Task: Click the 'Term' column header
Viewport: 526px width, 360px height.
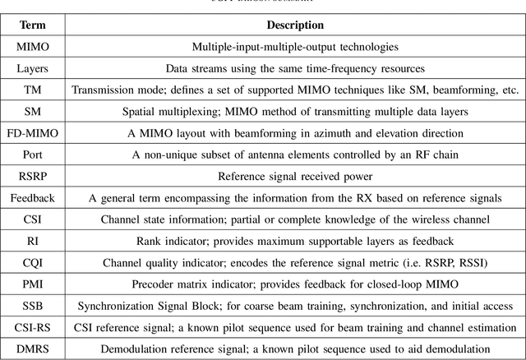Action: click(33, 25)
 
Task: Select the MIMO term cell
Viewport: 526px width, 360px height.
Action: click(33, 47)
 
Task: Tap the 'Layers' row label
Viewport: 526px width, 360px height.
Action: click(33, 69)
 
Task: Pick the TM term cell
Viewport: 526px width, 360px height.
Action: click(33, 90)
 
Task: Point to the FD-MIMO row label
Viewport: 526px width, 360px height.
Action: click(33, 133)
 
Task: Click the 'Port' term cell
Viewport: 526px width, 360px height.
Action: click(33, 155)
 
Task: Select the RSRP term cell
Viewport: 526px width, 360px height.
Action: click(33, 176)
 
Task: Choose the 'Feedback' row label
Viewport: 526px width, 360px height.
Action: click(33, 197)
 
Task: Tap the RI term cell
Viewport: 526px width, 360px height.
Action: click(33, 241)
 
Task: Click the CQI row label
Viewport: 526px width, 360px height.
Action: click(33, 262)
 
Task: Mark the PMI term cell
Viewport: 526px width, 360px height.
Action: click(33, 284)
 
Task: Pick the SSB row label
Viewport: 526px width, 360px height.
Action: click(33, 305)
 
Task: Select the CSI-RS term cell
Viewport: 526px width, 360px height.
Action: click(33, 326)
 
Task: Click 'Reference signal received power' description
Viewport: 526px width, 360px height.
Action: click(295, 176)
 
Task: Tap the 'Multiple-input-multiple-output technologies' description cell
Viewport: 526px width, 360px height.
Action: click(295, 47)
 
